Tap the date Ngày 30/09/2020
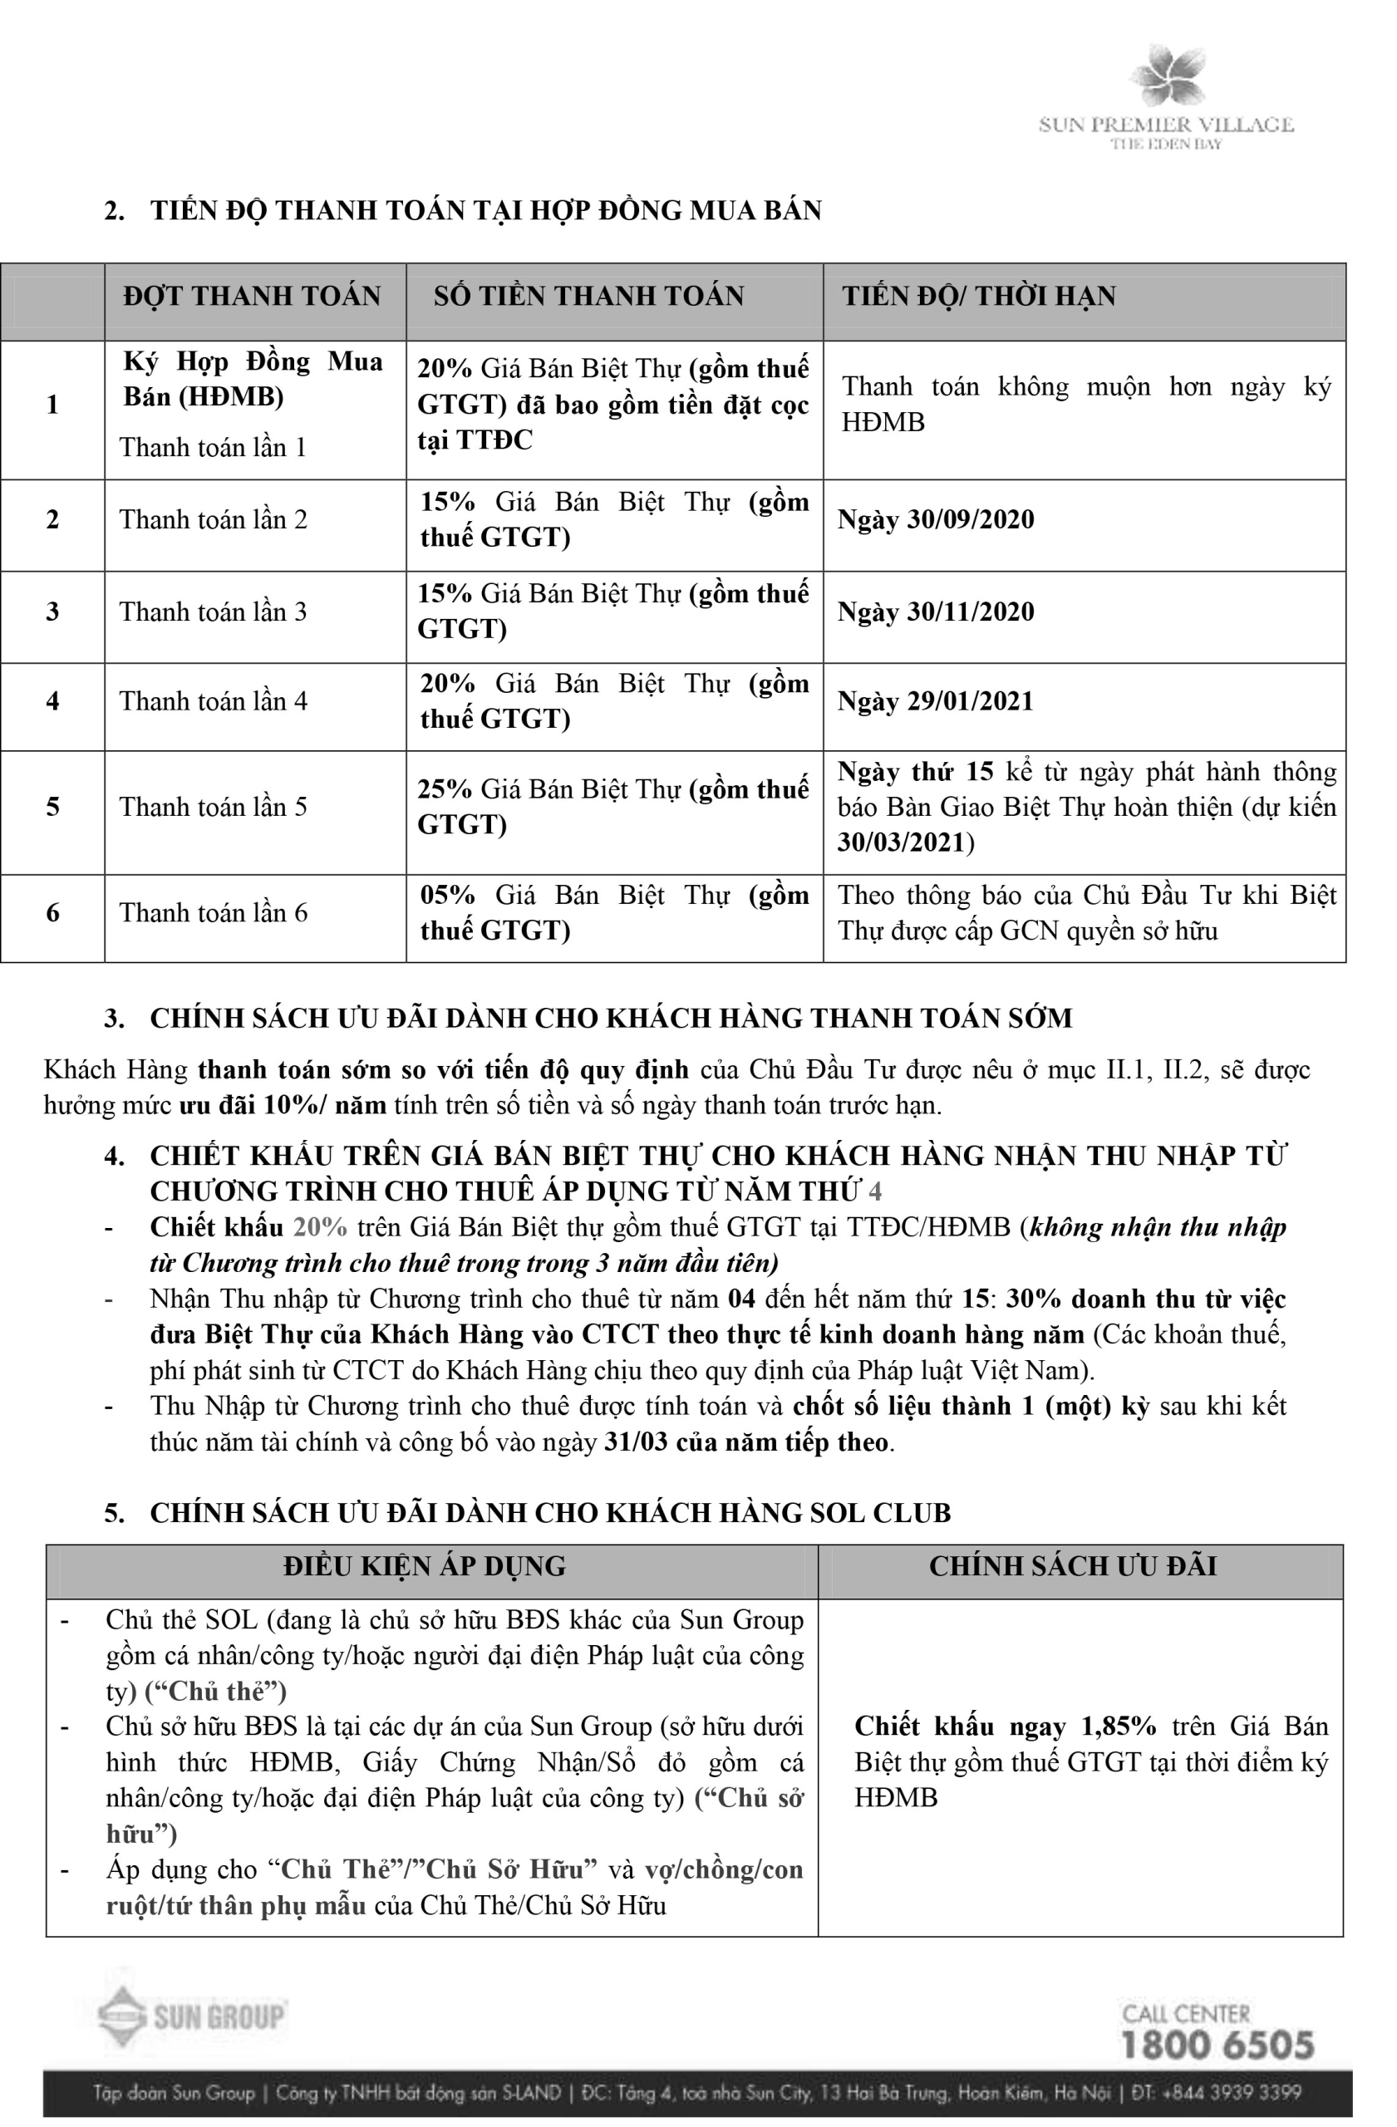[x=935, y=520]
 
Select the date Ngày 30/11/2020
[x=935, y=612]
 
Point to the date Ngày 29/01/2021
[x=935, y=701]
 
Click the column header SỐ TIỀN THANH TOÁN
[x=588, y=297]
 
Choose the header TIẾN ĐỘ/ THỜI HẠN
[x=978, y=297]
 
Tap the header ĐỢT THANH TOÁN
[x=252, y=297]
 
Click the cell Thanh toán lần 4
[x=213, y=701]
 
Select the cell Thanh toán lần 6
[x=213, y=913]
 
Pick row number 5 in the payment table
[x=52, y=807]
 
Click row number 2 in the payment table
[x=52, y=520]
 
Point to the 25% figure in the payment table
[x=445, y=789]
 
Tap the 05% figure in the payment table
[x=447, y=896]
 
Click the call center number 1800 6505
[x=1217, y=2045]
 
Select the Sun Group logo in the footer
[x=192, y=2016]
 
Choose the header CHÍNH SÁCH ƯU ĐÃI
[x=1073, y=1566]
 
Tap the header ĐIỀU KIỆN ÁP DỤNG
[x=425, y=1566]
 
